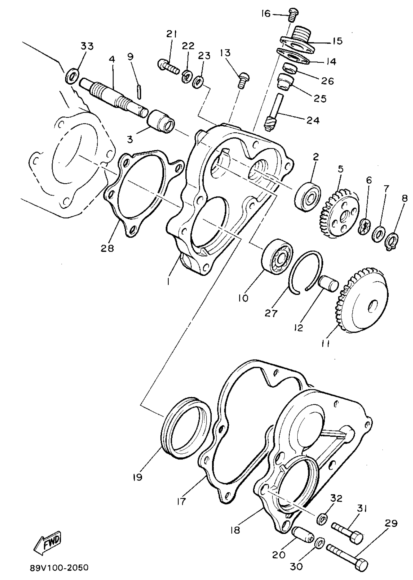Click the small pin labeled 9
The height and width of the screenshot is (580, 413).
click(139, 92)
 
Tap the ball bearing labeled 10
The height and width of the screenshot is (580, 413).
click(277, 256)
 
